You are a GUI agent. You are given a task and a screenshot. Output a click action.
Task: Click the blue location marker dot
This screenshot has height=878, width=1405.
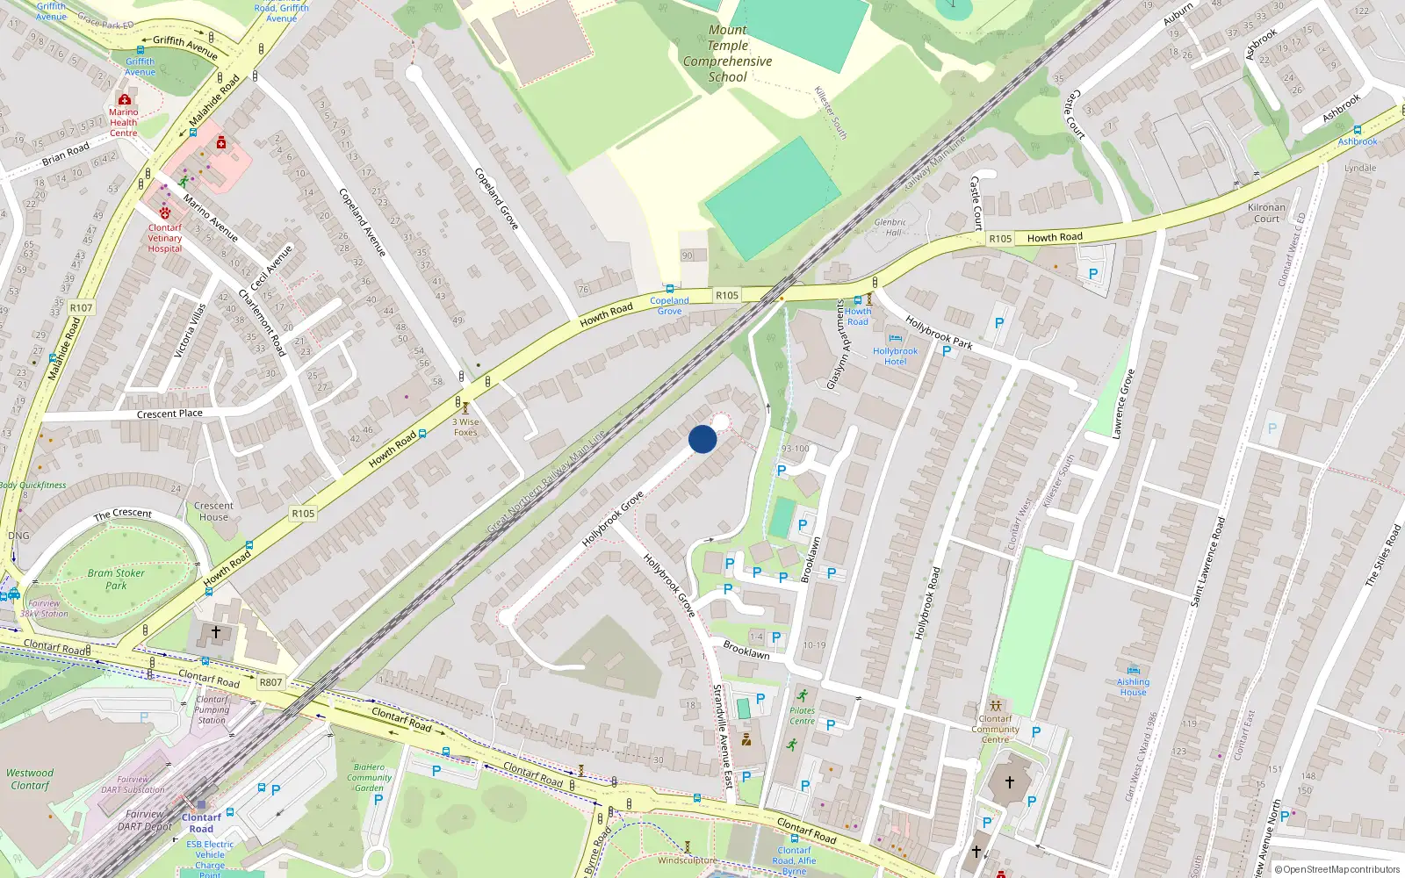tap(702, 439)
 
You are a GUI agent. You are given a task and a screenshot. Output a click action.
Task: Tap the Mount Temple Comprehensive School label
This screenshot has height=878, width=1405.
tap(727, 54)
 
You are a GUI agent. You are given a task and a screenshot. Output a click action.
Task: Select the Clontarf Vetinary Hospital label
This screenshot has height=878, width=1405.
tap(165, 238)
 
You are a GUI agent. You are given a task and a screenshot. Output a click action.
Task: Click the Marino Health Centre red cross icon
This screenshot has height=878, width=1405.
tap(125, 100)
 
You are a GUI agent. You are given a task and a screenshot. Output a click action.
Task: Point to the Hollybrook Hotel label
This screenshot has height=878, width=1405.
tap(895, 356)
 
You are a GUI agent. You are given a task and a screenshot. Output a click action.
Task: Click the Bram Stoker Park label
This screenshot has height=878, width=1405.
tap(116, 579)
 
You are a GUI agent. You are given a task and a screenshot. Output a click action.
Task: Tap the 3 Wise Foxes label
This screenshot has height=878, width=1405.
tap(465, 427)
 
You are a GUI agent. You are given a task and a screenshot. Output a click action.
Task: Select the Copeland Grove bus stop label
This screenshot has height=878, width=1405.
tap(669, 306)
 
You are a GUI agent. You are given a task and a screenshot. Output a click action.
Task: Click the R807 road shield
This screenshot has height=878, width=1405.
tap(270, 682)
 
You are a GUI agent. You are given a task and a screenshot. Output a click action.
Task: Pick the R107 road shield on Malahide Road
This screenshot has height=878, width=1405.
tap(81, 307)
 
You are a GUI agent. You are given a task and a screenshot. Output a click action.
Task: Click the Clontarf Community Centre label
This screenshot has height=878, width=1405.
tap(995, 729)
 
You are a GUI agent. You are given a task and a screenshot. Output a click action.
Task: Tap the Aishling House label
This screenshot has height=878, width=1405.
tap(1133, 687)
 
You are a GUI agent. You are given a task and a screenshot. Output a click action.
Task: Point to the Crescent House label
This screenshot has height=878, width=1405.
tap(213, 511)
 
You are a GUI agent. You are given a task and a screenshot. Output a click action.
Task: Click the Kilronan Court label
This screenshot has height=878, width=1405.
tap(1266, 213)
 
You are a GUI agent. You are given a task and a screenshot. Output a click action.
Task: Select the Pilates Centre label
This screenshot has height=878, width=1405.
tap(802, 716)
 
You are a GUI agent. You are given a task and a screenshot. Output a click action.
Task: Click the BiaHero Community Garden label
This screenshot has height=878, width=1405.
tap(369, 777)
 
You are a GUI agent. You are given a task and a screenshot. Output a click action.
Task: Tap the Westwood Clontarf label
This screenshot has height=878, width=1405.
tap(30, 779)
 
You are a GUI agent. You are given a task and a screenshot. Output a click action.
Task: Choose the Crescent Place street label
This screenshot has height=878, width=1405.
tap(169, 414)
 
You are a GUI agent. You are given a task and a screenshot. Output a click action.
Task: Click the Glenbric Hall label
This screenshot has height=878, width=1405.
tap(890, 227)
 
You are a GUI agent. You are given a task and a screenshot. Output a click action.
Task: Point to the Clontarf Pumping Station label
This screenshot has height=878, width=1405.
tap(212, 709)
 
